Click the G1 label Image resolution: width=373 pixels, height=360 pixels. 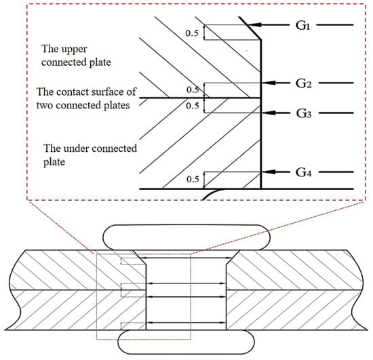tap(303, 25)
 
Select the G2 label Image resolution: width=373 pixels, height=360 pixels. tap(304, 83)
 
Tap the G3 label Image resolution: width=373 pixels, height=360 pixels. tap(304, 113)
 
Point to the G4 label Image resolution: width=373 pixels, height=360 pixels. tap(304, 172)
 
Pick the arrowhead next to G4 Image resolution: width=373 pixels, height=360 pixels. tap(269, 172)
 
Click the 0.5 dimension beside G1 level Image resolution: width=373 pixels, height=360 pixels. tap(192, 33)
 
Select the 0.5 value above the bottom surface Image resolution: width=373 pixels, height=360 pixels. tap(193, 179)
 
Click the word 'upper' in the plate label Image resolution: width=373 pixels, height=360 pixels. tap(74, 49)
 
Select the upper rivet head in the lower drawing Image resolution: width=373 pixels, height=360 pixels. tap(186, 237)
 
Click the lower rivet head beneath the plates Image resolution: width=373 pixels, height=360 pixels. tap(186, 342)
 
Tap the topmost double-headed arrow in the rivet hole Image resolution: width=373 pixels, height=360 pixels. tap(186, 258)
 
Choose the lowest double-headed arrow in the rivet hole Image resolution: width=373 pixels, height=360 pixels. tap(186, 323)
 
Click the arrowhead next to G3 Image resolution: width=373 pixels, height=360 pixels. tap(269, 113)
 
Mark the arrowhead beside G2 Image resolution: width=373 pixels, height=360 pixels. tap(269, 83)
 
